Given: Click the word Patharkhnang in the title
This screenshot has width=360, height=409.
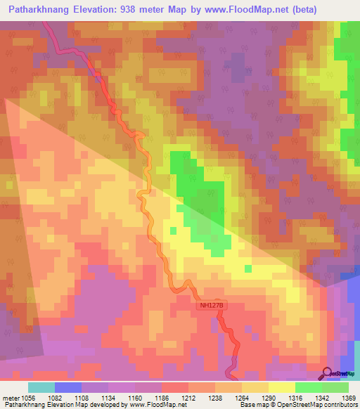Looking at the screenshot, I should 38,10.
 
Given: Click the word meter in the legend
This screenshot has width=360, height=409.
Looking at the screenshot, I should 11,397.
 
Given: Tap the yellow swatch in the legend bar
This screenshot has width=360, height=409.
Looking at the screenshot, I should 281,387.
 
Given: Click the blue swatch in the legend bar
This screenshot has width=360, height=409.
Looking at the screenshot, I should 68,387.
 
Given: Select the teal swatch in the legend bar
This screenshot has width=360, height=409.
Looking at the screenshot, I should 41,387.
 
